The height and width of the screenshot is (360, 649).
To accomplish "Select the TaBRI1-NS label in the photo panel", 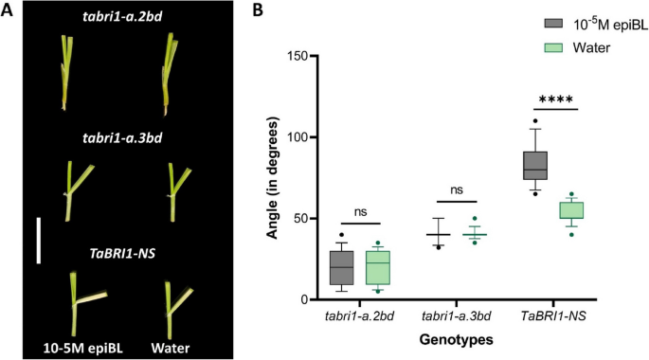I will point(117,253).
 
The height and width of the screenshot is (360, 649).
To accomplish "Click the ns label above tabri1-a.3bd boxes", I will point(458,189).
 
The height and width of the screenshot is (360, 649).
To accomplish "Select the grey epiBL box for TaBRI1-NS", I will point(535,165).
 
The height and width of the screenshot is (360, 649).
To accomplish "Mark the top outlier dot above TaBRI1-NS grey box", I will point(535,120).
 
